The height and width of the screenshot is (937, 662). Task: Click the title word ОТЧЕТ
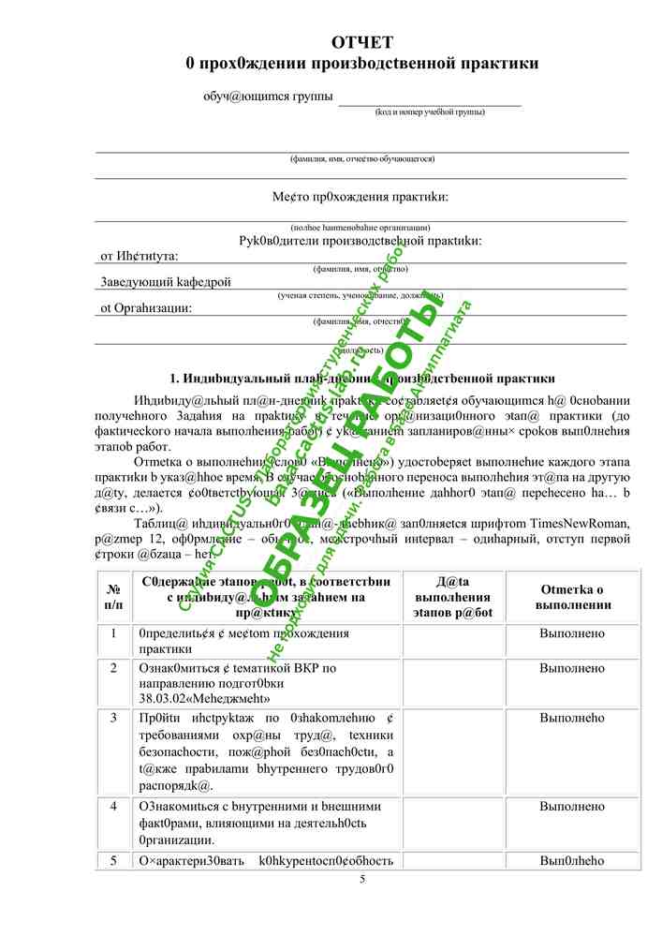coord(362,42)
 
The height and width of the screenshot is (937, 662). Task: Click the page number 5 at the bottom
coord(362,879)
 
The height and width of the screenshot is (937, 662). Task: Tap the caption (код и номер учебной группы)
coord(430,112)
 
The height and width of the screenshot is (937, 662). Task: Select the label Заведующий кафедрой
coord(165,281)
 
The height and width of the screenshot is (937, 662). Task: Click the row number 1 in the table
coord(113,632)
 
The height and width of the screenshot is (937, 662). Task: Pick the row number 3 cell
coord(113,718)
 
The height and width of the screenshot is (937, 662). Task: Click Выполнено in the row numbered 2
coord(572,668)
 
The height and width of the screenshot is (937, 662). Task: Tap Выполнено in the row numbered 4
coord(572,806)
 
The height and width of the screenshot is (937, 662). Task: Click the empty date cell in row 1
coord(451,640)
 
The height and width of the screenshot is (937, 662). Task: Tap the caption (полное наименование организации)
coord(360,228)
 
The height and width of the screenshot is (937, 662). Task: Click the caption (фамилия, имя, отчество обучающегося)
coord(362,158)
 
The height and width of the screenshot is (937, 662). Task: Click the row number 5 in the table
coord(113,860)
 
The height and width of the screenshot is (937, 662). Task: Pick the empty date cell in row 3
coord(451,751)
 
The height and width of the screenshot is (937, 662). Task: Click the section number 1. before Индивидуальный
coord(174,379)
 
